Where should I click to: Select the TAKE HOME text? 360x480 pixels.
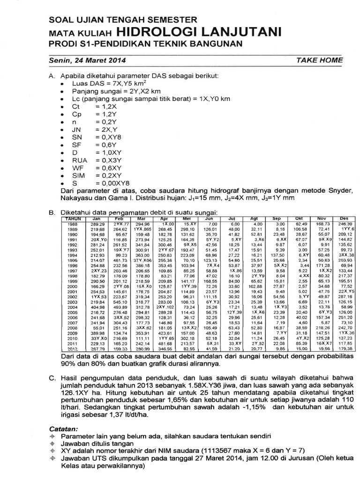(x=320, y=60)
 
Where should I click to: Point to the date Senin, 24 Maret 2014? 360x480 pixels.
(x=87, y=60)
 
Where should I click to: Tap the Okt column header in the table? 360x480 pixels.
(x=299, y=218)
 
